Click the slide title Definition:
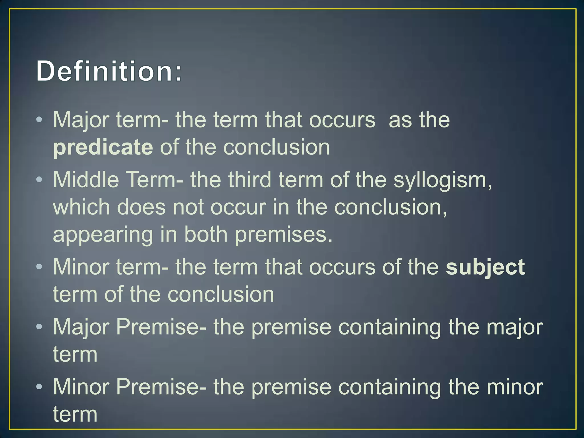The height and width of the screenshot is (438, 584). tap(109, 71)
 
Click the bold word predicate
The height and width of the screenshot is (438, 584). tap(103, 147)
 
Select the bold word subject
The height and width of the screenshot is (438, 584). tap(485, 267)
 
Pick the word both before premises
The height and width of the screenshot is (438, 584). tap(206, 234)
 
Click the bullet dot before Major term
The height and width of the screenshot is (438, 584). tap(39, 119)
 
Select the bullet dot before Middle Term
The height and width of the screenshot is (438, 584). tap(39, 180)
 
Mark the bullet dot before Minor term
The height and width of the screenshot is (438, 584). tap(39, 267)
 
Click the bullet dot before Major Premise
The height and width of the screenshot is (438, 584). tap(39, 327)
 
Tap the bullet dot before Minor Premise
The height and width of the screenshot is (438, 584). tap(39, 387)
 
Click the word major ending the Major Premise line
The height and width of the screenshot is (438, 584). tap(514, 327)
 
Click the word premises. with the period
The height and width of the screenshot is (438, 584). tap(284, 235)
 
